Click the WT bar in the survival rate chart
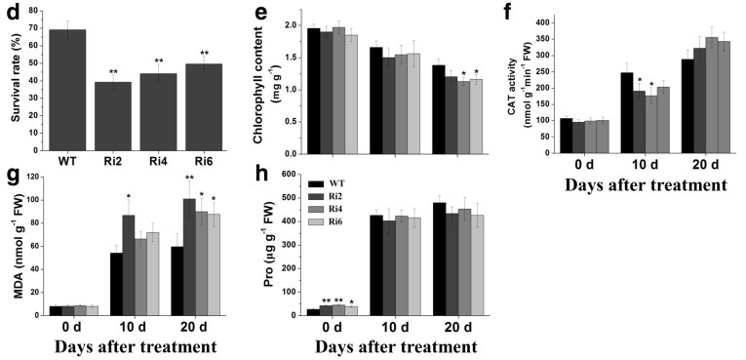(67, 91)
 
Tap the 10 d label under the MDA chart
(134, 328)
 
